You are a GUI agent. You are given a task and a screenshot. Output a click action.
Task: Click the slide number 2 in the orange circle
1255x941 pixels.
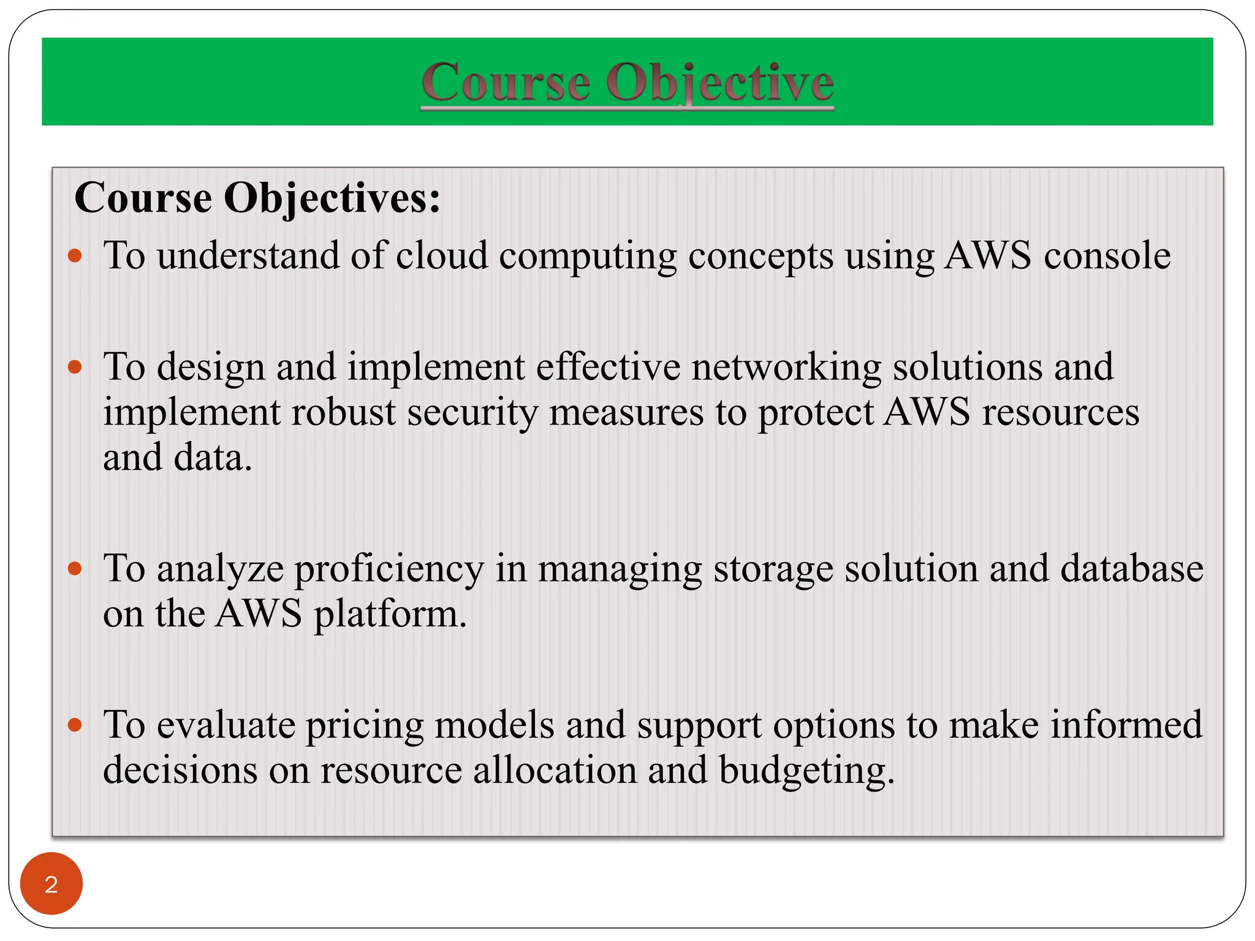click(51, 884)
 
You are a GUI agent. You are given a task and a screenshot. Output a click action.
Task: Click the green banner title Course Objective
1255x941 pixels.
click(627, 82)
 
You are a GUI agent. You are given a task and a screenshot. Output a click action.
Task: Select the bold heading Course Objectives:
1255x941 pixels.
click(257, 198)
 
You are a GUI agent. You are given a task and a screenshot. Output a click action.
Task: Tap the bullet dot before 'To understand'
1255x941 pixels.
click(75, 255)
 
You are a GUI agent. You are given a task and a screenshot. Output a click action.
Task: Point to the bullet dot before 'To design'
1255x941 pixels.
click(75, 367)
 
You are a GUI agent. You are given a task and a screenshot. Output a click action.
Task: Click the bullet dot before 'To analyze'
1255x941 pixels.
click(75, 569)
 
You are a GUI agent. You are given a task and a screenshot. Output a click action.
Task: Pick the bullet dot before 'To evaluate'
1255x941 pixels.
click(75, 725)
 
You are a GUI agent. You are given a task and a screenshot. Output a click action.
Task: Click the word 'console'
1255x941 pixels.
click(1107, 255)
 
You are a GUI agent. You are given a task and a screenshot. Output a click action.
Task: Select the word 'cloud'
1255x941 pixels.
click(442, 255)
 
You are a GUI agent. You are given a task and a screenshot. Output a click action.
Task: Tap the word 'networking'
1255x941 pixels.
click(786, 368)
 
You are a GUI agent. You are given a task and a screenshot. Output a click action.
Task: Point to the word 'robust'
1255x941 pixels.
click(343, 412)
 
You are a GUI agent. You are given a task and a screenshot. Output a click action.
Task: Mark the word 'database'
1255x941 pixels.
click(1132, 569)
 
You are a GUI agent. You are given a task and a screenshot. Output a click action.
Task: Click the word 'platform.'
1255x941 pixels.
click(390, 614)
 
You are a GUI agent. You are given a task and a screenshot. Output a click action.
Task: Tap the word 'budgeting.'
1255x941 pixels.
click(806, 771)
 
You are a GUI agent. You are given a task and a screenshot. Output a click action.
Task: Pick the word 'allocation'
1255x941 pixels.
click(555, 770)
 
